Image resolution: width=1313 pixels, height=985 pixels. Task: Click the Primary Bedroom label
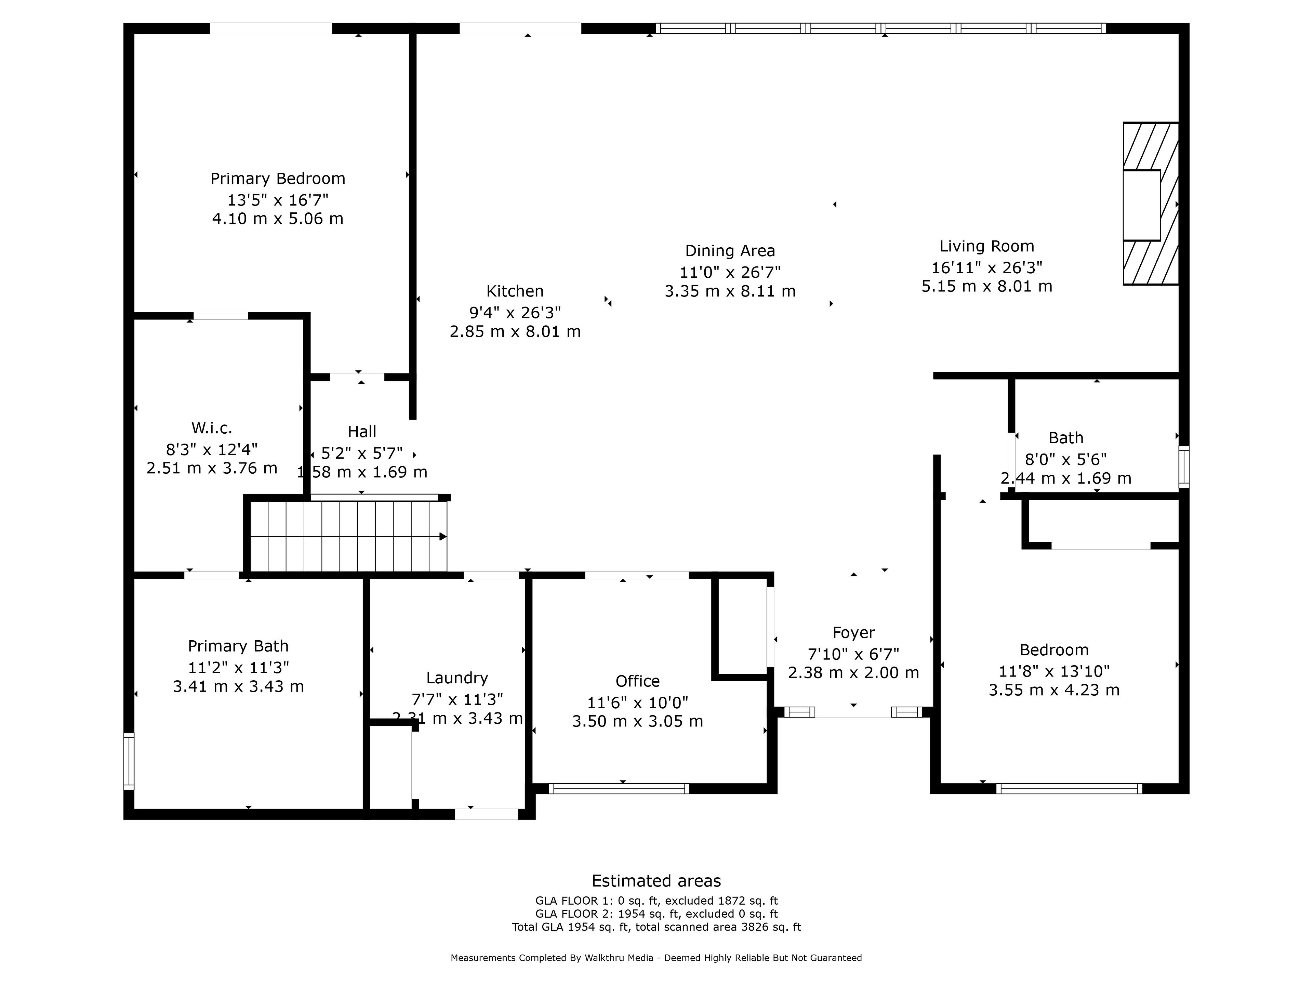click(278, 179)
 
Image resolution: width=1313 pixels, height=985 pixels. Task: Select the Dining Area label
click(730, 251)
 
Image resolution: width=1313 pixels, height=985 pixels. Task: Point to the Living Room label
click(986, 246)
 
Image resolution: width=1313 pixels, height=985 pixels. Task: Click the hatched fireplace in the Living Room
click(1150, 203)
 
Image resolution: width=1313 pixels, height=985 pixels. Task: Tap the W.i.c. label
click(212, 428)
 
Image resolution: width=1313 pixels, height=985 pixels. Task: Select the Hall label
click(362, 432)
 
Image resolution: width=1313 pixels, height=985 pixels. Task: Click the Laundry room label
click(457, 678)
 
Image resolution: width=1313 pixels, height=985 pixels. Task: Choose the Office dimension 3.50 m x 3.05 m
click(637, 721)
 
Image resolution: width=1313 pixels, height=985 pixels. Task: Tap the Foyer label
click(853, 633)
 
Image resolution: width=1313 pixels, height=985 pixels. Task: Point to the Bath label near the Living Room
click(1066, 438)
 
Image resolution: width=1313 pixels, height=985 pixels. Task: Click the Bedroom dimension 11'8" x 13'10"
click(1054, 671)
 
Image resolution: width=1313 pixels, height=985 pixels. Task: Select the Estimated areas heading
click(656, 881)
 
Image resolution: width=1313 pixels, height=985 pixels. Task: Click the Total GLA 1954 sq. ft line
click(656, 927)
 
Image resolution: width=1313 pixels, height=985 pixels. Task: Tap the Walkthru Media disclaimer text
click(656, 958)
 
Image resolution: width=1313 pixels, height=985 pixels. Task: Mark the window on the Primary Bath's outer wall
click(129, 761)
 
